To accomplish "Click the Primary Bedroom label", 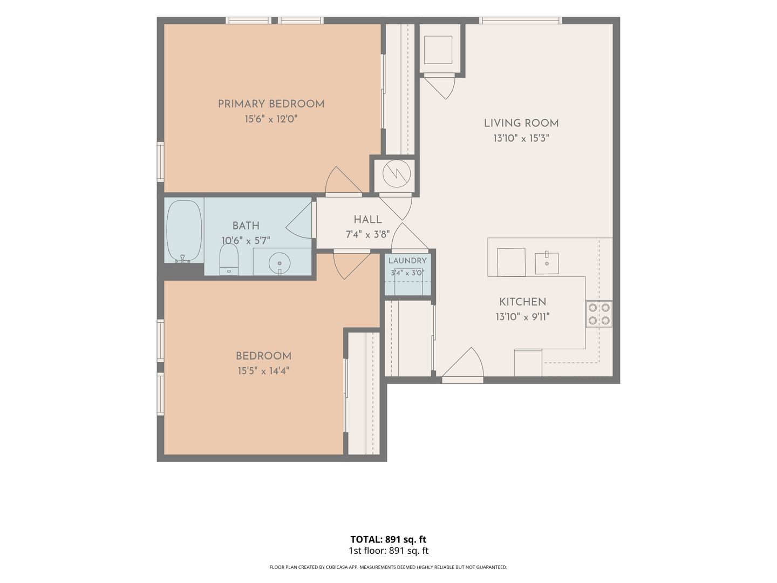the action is [x=271, y=104].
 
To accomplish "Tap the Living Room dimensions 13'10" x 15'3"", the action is [x=521, y=138].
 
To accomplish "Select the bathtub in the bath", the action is [x=184, y=232].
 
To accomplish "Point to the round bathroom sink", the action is [x=280, y=263].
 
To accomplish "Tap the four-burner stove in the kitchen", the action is [x=598, y=314].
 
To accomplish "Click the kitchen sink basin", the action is [x=547, y=263].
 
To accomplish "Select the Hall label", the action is [x=368, y=220].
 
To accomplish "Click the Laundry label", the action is [x=407, y=261].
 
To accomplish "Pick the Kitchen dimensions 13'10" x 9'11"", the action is [x=522, y=317].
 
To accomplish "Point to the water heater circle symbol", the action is [x=397, y=173].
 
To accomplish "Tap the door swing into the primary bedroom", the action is [x=343, y=180].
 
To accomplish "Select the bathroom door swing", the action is [x=299, y=220].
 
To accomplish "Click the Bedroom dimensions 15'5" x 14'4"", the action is [x=263, y=371].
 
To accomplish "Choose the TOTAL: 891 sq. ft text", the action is [x=388, y=539].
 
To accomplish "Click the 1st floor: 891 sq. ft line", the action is [x=388, y=551].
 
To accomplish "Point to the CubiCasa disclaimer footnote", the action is [x=388, y=567].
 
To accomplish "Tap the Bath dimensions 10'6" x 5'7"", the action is [x=246, y=241].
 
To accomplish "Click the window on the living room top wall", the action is [x=520, y=21].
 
